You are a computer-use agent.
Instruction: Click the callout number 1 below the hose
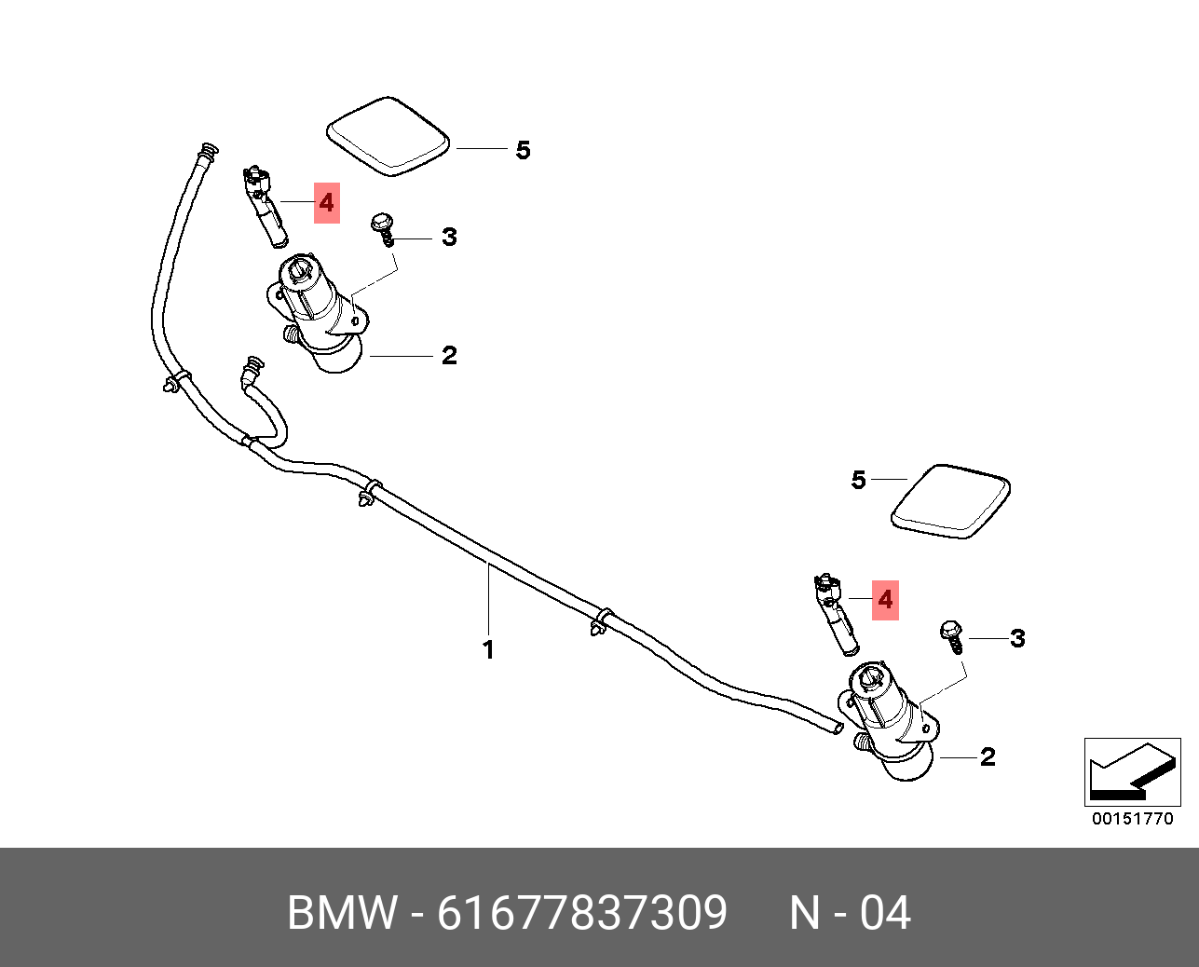click(488, 649)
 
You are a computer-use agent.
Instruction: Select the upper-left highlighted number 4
click(326, 202)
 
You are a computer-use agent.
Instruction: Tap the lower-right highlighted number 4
click(885, 599)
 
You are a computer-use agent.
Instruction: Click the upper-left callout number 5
click(523, 150)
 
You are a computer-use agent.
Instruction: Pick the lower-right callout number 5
click(858, 480)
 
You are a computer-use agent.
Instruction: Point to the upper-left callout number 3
click(449, 237)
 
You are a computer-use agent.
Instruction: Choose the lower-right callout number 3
click(1017, 638)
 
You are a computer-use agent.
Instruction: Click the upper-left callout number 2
click(449, 355)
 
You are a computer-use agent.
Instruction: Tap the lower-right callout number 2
click(988, 756)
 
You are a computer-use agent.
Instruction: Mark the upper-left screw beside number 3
click(382, 227)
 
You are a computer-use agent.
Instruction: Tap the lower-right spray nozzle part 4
click(836, 612)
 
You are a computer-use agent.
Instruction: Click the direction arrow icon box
click(1132, 771)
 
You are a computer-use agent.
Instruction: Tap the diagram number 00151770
click(1133, 819)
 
